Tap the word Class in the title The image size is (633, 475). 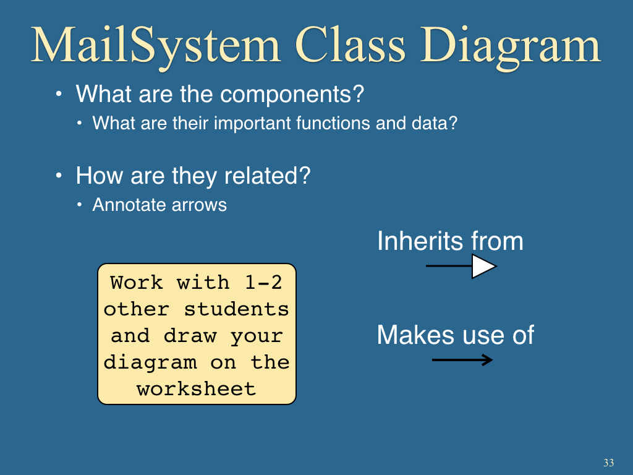[x=350, y=45]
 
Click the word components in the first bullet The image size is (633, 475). [x=292, y=95]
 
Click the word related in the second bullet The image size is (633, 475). [x=267, y=176]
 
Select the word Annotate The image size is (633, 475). [x=129, y=205]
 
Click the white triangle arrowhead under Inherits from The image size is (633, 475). [x=483, y=266]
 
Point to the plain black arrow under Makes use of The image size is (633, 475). [x=462, y=359]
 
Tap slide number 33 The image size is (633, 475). [x=609, y=463]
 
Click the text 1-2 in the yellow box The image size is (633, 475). [x=263, y=282]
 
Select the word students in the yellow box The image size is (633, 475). [x=237, y=309]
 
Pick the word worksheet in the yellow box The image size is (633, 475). [x=197, y=389]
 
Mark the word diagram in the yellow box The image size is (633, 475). [x=150, y=363]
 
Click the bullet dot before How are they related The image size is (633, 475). [x=59, y=176]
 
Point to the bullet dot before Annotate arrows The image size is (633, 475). [x=80, y=205]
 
